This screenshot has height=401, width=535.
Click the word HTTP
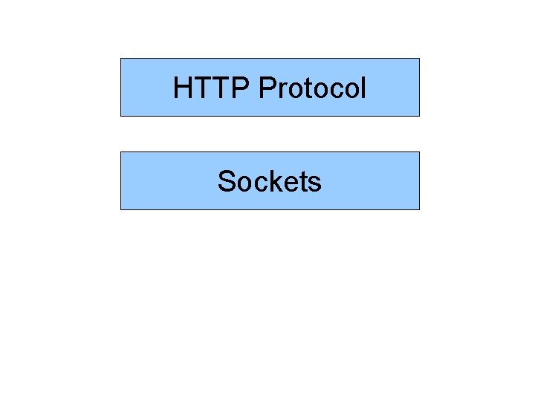[212, 88]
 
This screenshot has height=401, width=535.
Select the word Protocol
[313, 88]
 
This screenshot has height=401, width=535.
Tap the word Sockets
[269, 181]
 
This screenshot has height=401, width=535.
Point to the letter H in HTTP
[182, 88]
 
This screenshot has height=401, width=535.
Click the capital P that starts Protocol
[267, 88]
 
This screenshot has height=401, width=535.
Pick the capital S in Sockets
[226, 181]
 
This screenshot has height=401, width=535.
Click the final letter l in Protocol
[363, 88]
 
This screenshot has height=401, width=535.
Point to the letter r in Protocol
[280, 91]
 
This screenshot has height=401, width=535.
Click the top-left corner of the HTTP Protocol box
[120, 59]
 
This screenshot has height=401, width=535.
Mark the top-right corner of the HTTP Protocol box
[419, 59]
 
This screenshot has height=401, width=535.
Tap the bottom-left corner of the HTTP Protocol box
[120, 116]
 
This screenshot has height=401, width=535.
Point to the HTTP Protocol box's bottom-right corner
[419, 116]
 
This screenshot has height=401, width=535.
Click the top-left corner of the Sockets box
[120, 152]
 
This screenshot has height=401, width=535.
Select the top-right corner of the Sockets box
[419, 152]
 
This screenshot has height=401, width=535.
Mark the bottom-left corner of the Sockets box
[120, 209]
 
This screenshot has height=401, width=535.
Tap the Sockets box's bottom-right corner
[419, 209]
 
